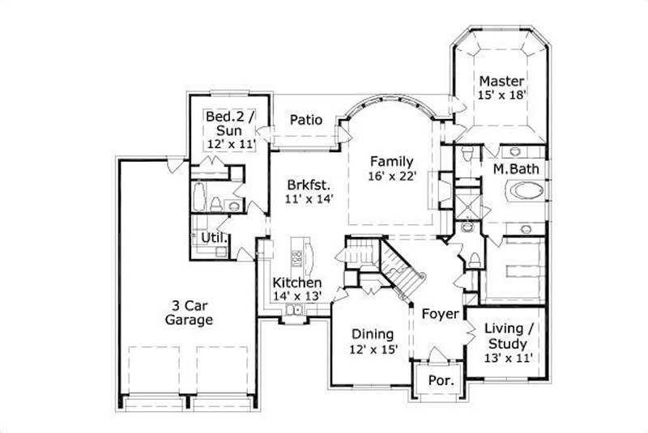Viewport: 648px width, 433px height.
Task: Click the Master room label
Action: [501, 81]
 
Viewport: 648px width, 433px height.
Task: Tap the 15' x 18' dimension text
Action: [501, 95]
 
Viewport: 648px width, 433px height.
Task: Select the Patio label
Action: [306, 120]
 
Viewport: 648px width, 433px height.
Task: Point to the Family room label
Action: [392, 160]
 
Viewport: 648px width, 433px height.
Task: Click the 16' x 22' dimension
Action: [392, 175]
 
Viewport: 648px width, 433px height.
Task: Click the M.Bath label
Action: [516, 168]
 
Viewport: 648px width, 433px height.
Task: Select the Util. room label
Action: [214, 238]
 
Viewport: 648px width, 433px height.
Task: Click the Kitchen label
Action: [296, 282]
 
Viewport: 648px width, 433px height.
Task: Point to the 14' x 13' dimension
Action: [297, 296]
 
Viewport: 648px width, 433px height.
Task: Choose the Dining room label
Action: [372, 333]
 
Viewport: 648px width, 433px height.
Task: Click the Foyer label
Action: [440, 313]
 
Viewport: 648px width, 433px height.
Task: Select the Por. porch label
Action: [439, 379]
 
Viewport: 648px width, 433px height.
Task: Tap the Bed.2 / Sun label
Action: [230, 123]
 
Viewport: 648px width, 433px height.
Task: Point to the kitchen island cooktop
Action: [297, 259]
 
